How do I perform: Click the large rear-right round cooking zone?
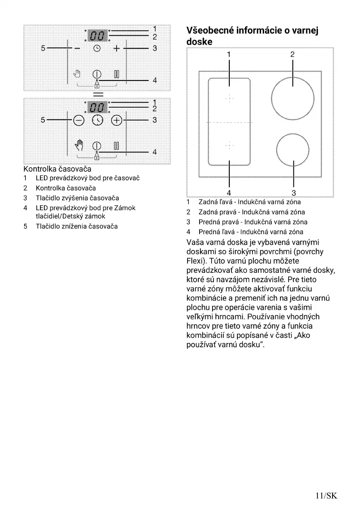tap(292, 99)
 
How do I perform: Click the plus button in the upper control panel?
tap(116, 49)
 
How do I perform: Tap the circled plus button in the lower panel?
tap(117, 120)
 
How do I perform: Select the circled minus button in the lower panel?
tap(79, 120)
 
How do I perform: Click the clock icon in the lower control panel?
tap(98, 120)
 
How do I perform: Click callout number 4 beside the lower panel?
tap(154, 152)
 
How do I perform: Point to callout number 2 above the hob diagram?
tap(292, 55)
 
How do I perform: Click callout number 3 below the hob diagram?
tap(294, 193)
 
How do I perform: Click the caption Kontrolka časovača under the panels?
tap(57, 169)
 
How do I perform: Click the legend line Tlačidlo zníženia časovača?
tap(77, 226)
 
